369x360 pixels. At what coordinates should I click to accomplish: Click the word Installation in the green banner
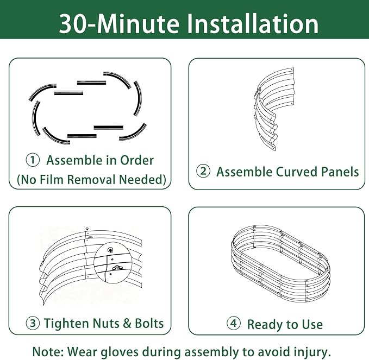[x=253, y=23]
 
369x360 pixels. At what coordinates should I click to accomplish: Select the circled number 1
[x=33, y=160]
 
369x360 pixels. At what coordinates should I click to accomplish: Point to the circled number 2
[x=203, y=171]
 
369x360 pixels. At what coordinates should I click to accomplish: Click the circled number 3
[x=33, y=323]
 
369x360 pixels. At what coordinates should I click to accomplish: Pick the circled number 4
[x=234, y=323]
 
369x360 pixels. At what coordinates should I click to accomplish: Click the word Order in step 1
[x=137, y=160]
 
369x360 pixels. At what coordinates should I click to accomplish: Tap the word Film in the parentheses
[x=52, y=179]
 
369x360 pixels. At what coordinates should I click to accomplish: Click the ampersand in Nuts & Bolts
[x=127, y=323]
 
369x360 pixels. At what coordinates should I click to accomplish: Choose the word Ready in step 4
[x=265, y=325]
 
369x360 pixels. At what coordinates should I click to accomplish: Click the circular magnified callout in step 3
[x=113, y=263]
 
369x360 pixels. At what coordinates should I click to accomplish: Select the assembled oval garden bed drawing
[x=280, y=264]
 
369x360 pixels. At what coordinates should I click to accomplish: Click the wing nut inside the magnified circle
[x=117, y=268]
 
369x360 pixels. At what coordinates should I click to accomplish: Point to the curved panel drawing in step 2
[x=274, y=109]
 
